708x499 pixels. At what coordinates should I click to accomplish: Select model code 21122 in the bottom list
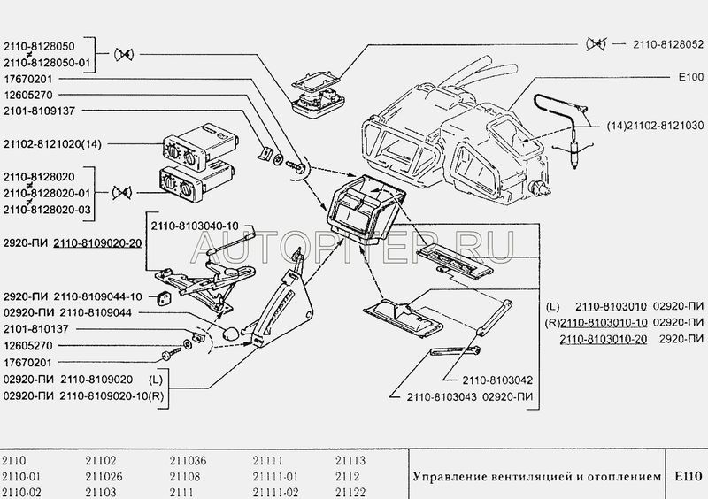(350, 489)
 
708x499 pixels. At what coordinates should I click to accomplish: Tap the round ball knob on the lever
(230, 334)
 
